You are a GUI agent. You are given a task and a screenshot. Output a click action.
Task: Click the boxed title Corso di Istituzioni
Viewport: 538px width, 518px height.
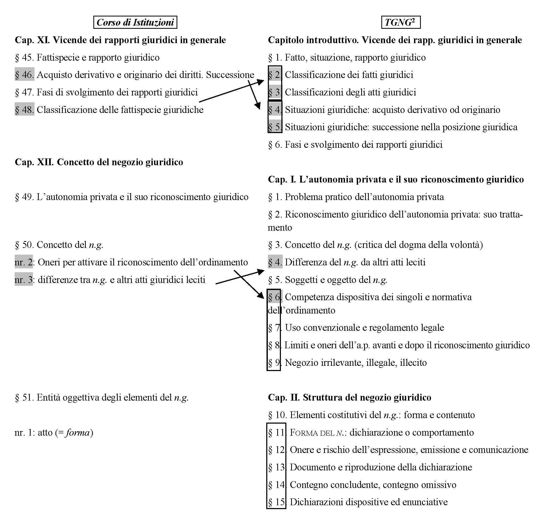point(135,22)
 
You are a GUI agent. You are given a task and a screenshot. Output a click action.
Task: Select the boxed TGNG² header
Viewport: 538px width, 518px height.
point(400,22)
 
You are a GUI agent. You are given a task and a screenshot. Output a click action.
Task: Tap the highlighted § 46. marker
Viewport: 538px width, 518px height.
point(24,75)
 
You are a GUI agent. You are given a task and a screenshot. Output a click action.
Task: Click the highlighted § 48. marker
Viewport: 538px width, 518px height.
point(24,110)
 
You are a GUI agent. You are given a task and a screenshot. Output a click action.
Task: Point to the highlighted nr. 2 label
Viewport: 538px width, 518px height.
point(24,262)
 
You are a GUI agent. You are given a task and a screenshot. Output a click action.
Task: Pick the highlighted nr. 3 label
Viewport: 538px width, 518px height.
point(24,280)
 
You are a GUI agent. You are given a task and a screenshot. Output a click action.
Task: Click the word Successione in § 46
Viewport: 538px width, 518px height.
point(230,75)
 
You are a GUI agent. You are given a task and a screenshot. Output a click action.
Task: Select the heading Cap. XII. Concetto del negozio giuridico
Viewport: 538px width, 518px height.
point(99,162)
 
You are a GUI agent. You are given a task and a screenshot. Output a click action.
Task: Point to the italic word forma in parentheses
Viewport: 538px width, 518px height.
point(78,433)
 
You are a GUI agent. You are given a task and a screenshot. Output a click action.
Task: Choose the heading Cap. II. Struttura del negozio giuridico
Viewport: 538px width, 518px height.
point(349,397)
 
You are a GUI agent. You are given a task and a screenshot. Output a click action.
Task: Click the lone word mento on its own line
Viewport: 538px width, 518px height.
point(280,227)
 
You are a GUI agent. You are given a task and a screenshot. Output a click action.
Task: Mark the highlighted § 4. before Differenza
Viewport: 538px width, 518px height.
point(275,262)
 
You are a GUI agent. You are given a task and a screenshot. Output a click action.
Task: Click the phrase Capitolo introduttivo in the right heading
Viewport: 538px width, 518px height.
point(313,40)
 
